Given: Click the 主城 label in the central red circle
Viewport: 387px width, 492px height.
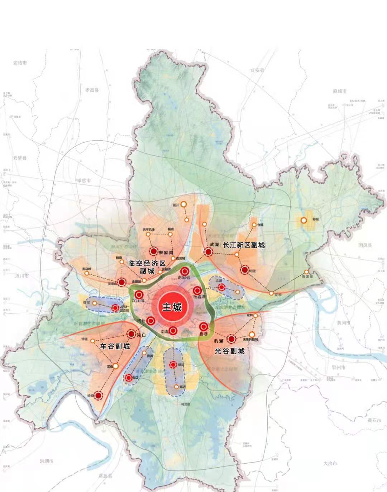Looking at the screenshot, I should (172, 307).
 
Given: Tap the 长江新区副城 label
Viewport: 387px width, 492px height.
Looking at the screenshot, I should (244, 245).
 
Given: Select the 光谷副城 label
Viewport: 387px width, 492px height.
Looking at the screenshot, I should (230, 351).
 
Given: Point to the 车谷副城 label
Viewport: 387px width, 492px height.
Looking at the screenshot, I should (115, 346).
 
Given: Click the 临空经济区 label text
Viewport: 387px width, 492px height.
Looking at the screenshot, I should (147, 263).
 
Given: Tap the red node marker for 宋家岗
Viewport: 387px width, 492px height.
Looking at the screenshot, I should (154, 251).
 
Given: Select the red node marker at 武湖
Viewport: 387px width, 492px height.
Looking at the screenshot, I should (208, 252).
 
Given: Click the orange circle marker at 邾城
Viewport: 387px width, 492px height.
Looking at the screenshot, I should (304, 220).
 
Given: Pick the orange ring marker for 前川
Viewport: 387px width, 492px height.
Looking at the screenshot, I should (183, 204).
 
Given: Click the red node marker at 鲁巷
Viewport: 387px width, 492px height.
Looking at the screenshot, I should (204, 326).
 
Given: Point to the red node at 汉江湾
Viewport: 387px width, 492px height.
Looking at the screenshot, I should (139, 294).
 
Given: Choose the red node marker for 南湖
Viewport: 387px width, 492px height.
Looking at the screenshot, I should (173, 331).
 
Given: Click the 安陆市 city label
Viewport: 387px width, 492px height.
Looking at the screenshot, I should (20, 63).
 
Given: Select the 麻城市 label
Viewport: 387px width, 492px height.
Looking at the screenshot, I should (339, 91).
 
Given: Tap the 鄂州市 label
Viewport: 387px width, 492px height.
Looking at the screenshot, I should (339, 368).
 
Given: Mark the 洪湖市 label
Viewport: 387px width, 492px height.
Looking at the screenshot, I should (47, 461).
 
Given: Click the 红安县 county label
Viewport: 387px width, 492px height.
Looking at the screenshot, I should (257, 70).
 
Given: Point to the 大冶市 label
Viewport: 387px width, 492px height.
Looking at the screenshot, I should (330, 463).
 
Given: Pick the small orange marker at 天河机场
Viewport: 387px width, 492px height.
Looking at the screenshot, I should (148, 234).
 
